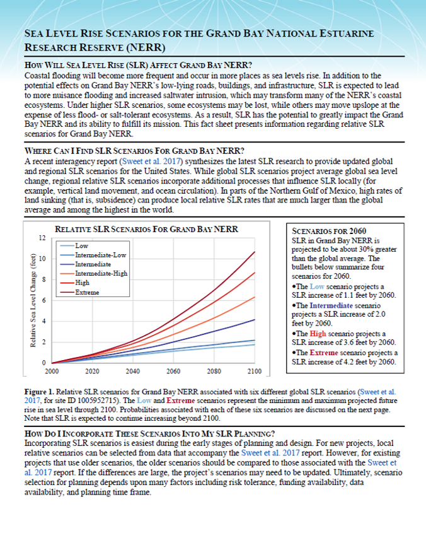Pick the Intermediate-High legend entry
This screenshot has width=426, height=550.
click(100, 274)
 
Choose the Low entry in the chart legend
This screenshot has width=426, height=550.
click(81, 245)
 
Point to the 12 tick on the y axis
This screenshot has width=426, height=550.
click(42, 238)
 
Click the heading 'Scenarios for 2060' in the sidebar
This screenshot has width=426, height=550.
click(326, 231)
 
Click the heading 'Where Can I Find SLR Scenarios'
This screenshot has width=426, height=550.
click(132, 151)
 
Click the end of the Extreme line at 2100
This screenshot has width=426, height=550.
click(255, 252)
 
